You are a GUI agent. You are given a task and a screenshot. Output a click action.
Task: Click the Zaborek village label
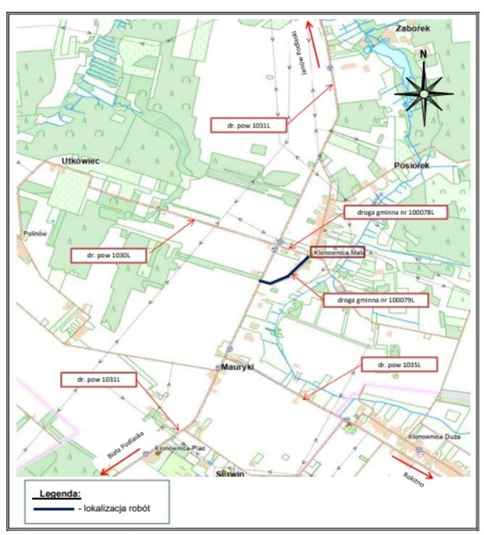click(x=413, y=28)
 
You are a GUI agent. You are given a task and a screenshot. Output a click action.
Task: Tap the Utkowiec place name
click(x=81, y=161)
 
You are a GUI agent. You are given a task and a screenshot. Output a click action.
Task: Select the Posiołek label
click(x=411, y=165)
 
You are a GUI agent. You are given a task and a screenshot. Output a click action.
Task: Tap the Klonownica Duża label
click(x=434, y=436)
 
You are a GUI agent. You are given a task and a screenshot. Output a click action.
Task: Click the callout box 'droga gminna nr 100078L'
click(x=395, y=212)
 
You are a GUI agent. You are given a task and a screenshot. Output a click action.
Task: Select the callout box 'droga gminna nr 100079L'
click(x=376, y=300)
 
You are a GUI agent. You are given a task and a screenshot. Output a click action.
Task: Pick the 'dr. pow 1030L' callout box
click(x=109, y=256)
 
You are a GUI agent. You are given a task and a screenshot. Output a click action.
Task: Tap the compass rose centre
click(x=424, y=94)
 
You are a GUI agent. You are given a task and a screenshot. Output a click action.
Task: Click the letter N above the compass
click(x=423, y=54)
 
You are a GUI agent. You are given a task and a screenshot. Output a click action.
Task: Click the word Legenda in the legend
click(x=60, y=494)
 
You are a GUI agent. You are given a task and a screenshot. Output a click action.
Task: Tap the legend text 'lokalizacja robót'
click(x=117, y=509)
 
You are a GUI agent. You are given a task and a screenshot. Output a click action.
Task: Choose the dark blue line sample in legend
click(x=53, y=509)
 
